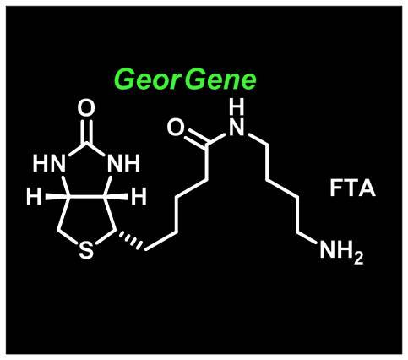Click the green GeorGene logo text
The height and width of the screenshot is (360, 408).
click(x=185, y=79)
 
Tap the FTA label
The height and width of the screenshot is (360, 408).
click(x=352, y=188)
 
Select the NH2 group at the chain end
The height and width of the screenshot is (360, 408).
click(x=341, y=251)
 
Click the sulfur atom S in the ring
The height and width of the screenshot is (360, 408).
click(x=86, y=250)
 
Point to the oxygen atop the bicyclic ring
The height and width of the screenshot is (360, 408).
click(x=86, y=108)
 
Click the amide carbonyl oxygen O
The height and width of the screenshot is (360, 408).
click(x=176, y=127)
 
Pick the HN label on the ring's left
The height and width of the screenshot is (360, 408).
click(x=49, y=163)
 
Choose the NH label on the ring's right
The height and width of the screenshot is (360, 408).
click(x=123, y=163)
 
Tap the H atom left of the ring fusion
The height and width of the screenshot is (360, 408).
click(x=34, y=196)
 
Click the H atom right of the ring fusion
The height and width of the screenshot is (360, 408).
click(x=139, y=196)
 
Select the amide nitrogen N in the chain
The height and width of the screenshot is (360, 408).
click(x=237, y=127)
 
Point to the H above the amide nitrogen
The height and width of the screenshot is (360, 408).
click(x=237, y=106)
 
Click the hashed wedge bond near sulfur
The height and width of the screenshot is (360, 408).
click(x=130, y=240)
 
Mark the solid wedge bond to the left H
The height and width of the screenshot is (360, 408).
click(x=57, y=196)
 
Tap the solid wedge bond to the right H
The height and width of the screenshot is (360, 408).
click(x=117, y=196)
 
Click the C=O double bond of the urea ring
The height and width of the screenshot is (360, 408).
click(x=86, y=132)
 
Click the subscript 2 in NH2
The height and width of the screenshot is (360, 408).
click(x=358, y=259)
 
